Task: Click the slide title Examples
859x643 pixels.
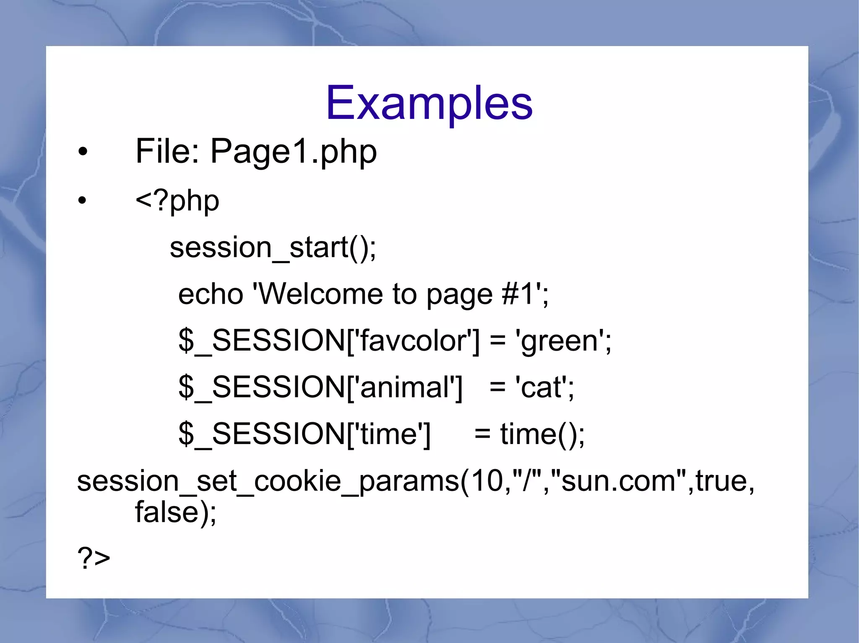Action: tap(429, 103)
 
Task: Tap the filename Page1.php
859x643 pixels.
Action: tap(293, 152)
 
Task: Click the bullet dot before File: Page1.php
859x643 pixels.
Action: tap(83, 152)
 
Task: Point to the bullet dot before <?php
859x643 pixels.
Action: tap(83, 201)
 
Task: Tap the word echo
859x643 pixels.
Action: tap(211, 294)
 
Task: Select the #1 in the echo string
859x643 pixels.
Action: tap(518, 294)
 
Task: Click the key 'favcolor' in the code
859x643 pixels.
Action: tap(413, 341)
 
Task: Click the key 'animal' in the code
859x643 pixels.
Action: tap(404, 387)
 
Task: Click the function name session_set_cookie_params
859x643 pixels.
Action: tap(268, 481)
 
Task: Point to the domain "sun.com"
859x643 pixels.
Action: tap(618, 481)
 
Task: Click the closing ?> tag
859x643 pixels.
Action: tap(94, 558)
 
